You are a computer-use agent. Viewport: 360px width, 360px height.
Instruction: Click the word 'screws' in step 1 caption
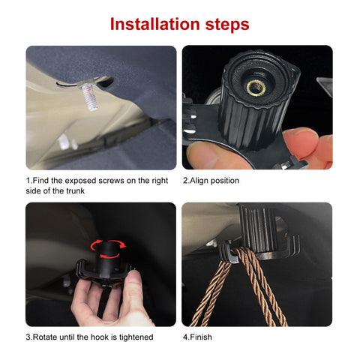tap(107, 181)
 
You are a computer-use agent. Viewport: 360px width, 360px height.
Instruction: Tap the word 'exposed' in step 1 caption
tap(74, 181)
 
